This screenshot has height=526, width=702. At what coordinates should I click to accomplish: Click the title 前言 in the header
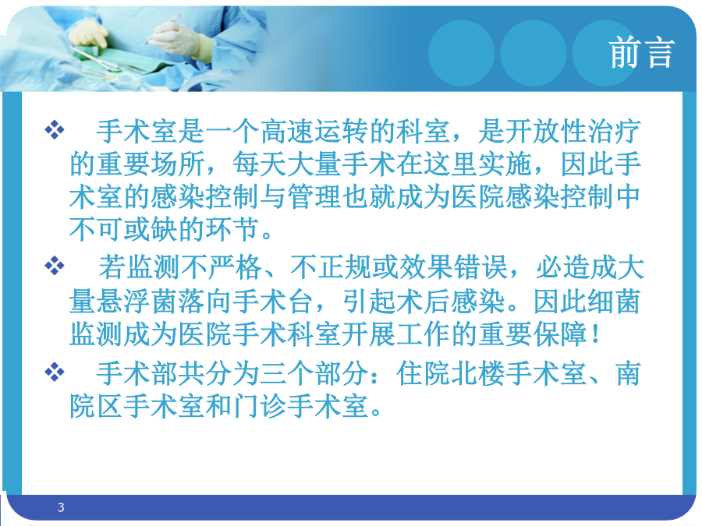[641, 53]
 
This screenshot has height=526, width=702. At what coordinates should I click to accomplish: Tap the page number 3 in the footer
[61, 507]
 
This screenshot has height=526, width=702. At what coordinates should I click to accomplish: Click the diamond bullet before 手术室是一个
[55, 130]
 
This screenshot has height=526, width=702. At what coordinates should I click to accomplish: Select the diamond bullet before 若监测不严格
[55, 267]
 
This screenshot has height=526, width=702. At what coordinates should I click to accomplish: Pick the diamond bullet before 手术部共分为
[55, 372]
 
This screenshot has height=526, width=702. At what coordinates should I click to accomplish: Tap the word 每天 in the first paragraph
[260, 164]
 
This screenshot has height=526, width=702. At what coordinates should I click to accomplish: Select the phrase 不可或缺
[124, 229]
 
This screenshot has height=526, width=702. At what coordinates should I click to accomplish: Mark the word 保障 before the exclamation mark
[561, 334]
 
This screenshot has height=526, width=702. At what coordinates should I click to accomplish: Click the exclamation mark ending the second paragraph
[595, 334]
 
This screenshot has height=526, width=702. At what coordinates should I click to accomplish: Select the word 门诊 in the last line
[260, 406]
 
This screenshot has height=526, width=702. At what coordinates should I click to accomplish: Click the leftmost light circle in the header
[462, 53]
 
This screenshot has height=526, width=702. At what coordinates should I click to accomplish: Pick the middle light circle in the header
[534, 53]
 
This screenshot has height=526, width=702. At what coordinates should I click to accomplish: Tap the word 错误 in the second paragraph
[480, 267]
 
